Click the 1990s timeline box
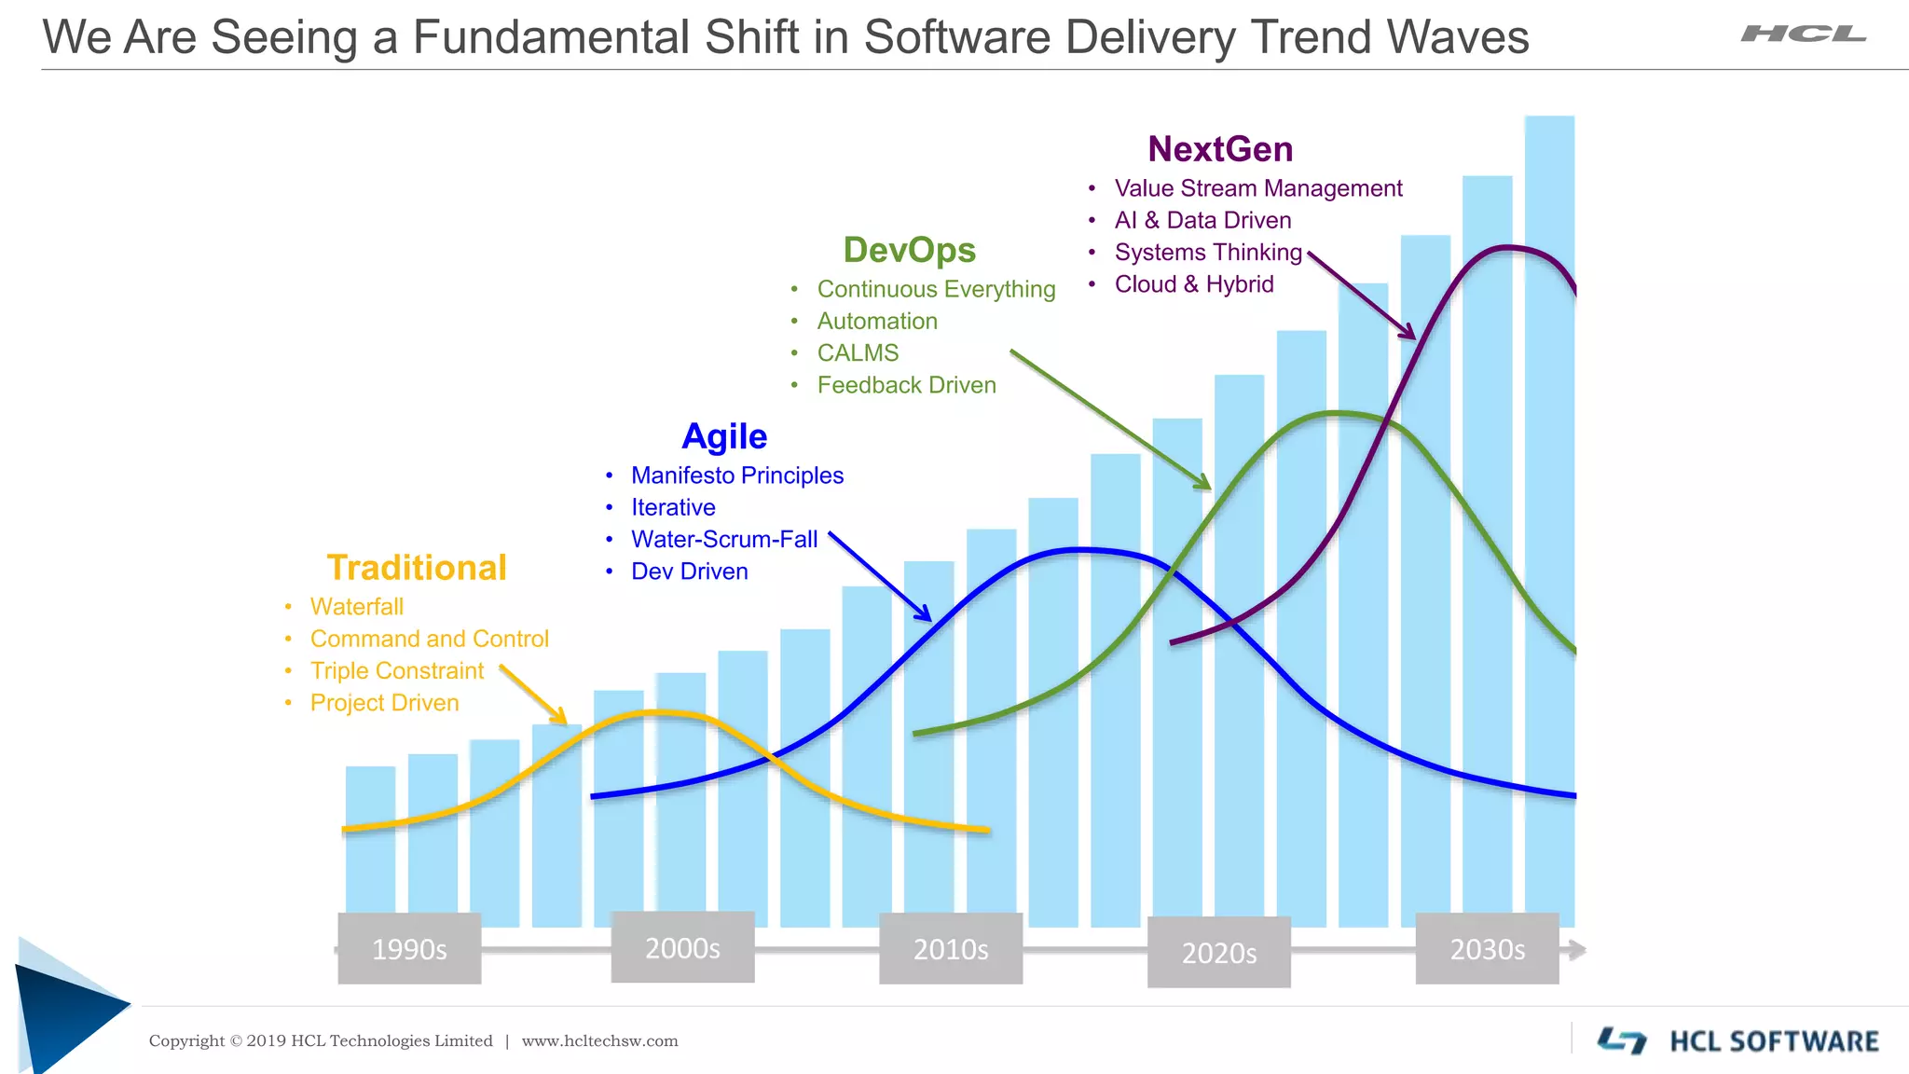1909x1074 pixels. coord(409,948)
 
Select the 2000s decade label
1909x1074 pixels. coord(682,947)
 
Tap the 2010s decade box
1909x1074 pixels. coord(951,948)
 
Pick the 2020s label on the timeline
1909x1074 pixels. coord(1218,952)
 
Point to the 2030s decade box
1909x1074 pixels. coord(1487,948)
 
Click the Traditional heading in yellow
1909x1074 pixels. coord(417,568)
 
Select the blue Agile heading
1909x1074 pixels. coord(724,436)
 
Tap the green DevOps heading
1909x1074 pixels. coord(909,250)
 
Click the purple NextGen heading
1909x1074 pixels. coord(1220,149)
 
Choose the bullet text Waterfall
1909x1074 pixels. coord(356,607)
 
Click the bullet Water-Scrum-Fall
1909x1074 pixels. coord(723,540)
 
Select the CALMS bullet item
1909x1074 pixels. coord(858,353)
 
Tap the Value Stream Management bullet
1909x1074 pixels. coord(1257,188)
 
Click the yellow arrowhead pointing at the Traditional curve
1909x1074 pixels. coord(559,717)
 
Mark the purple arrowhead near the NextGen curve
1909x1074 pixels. coord(1408,333)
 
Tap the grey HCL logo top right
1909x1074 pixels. coord(1804,34)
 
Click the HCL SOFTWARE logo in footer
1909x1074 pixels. coord(1738,1040)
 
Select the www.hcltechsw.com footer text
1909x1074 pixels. coord(599,1041)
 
